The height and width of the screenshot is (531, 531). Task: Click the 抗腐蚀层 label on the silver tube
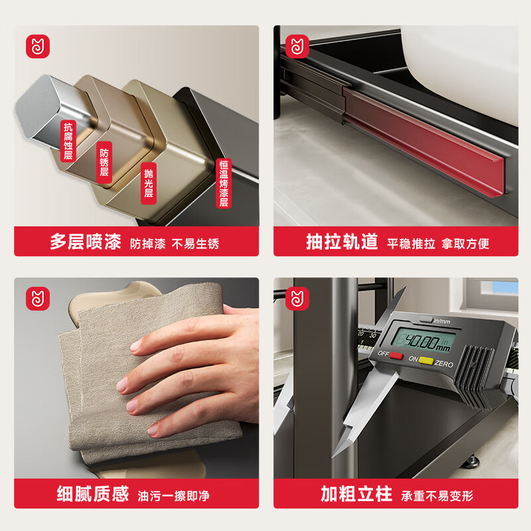[67, 141]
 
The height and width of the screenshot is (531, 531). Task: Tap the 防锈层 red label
[104, 161]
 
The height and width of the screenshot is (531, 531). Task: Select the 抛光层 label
[149, 183]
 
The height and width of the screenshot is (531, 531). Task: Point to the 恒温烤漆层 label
[224, 183]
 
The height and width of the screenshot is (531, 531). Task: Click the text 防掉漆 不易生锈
[175, 244]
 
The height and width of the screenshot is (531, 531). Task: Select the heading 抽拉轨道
[342, 242]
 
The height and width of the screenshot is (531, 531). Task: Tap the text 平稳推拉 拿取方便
[438, 244]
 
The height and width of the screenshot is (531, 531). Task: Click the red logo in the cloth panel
[38, 299]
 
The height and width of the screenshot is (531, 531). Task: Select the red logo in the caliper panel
[297, 299]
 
